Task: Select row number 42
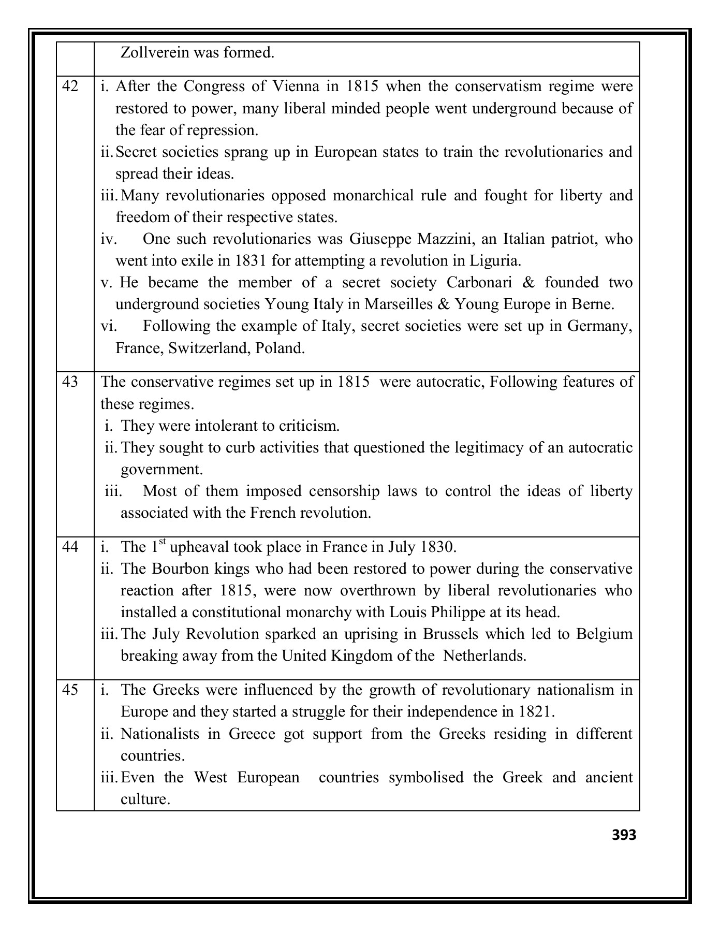70,86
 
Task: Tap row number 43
70,382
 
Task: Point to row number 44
70,547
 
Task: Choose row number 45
70,690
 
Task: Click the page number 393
624,835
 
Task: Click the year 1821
535,712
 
